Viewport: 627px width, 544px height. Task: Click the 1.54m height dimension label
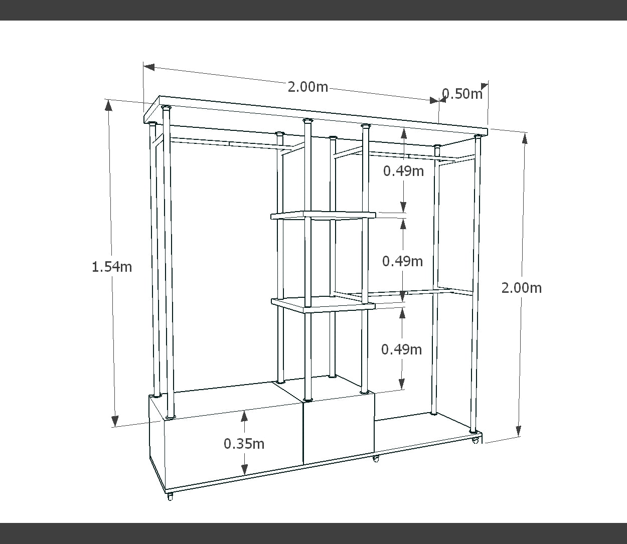pyautogui.click(x=112, y=267)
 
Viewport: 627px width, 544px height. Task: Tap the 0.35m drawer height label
pyautogui.click(x=244, y=444)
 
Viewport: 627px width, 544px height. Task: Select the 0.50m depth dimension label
pyautogui.click(x=462, y=94)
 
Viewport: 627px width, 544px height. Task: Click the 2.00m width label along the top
pyautogui.click(x=307, y=87)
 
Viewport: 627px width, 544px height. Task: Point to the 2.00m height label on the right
pyautogui.click(x=521, y=288)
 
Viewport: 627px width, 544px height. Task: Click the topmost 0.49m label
pyautogui.click(x=403, y=171)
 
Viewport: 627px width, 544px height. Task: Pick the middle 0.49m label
pyautogui.click(x=402, y=261)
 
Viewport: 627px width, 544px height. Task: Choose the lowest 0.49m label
pyautogui.click(x=401, y=349)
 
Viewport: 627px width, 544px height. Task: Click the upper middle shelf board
pyautogui.click(x=324, y=215)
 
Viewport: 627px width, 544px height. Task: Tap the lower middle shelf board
pyautogui.click(x=324, y=304)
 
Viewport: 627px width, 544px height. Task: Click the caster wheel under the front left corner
pyautogui.click(x=171, y=496)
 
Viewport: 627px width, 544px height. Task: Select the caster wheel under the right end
pyautogui.click(x=476, y=441)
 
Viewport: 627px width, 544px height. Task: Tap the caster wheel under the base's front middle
pyautogui.click(x=376, y=459)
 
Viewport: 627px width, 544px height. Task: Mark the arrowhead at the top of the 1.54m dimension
pyautogui.click(x=108, y=105)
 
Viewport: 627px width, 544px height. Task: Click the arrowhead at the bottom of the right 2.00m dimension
pyautogui.click(x=518, y=431)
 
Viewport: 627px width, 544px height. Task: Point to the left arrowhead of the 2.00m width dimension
pyautogui.click(x=149, y=67)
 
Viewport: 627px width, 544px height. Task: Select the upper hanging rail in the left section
pyautogui.click(x=230, y=143)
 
